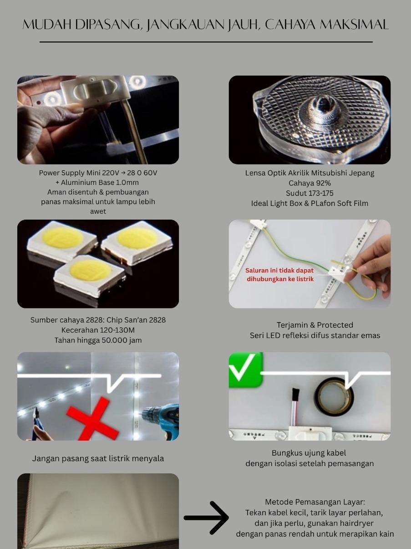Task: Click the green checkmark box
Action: coord(246,370)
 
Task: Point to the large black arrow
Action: coord(206,518)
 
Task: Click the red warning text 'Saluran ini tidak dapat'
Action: coord(279,270)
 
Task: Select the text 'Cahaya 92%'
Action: coord(310,183)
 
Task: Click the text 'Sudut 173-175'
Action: coord(310,193)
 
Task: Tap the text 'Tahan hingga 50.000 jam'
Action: coord(98,340)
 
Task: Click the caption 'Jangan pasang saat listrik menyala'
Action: coord(98,458)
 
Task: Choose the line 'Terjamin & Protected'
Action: coord(315,325)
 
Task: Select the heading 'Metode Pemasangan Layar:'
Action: coord(315,502)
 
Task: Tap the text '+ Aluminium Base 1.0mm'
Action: coord(97,183)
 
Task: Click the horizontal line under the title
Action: coord(206,42)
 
